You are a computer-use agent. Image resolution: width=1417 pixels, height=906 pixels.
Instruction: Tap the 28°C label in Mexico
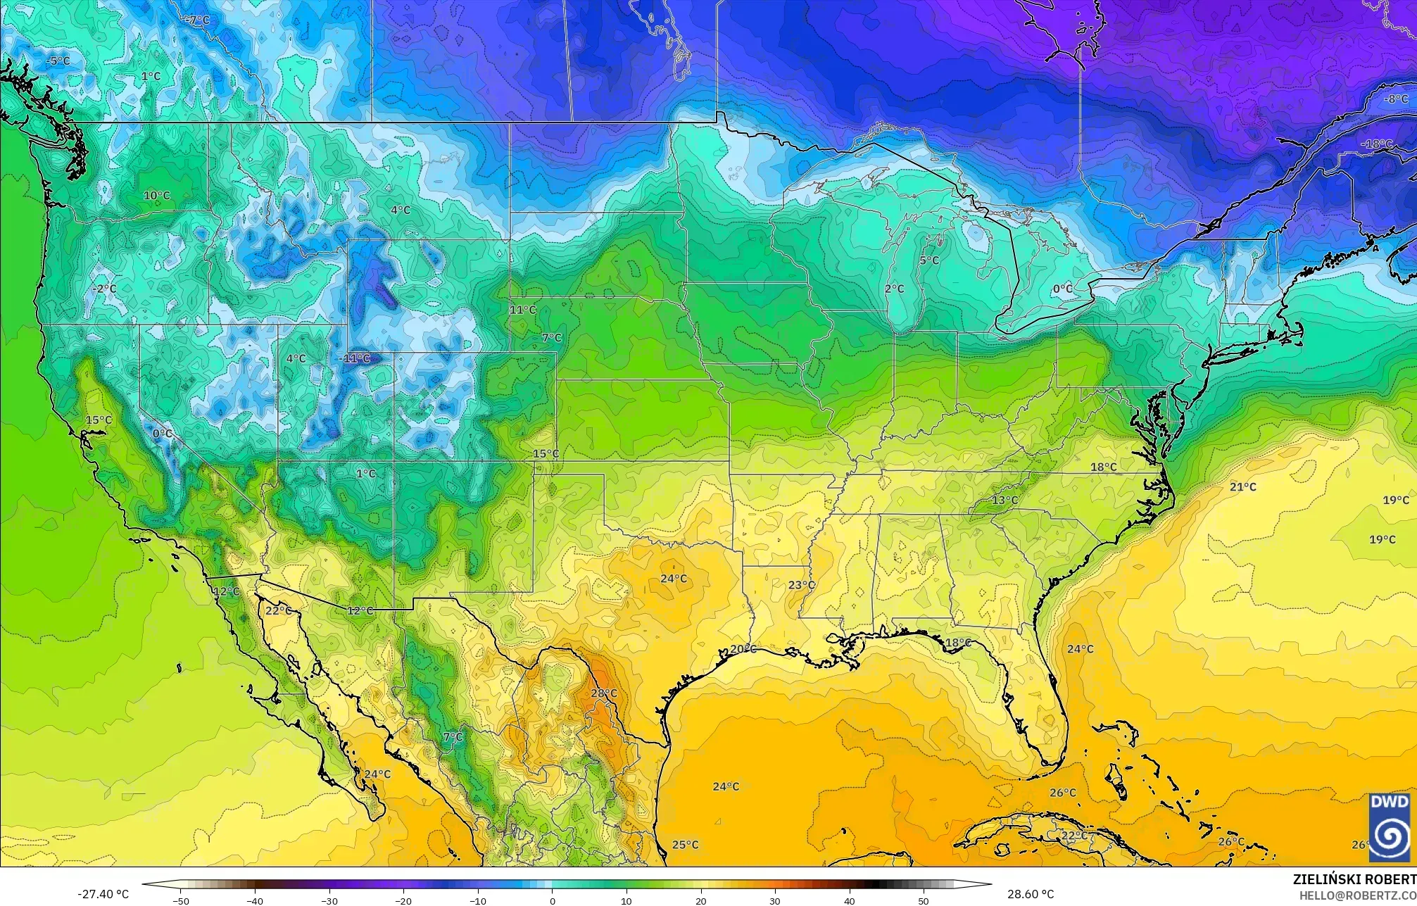coord(604,693)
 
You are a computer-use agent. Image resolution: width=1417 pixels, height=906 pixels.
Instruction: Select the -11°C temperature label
coord(355,358)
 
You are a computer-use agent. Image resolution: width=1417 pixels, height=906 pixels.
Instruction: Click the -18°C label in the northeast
coord(1377,144)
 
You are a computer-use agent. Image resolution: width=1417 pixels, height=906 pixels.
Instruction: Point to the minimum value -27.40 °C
coord(103,894)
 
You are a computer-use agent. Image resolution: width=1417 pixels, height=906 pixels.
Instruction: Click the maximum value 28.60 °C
coord(1030,894)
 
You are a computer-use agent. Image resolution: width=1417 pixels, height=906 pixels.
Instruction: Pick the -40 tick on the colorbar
coord(256,900)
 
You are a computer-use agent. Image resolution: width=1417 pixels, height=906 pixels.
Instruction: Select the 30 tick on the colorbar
coord(775,900)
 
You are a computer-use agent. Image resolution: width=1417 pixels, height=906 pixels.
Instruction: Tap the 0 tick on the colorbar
coord(553,900)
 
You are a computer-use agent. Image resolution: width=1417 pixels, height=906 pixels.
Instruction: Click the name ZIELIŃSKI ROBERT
coord(1354,879)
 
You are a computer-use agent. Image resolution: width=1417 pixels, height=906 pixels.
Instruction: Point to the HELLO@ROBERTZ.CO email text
coord(1358,895)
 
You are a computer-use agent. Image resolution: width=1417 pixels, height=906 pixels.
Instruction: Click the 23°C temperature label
coord(801,585)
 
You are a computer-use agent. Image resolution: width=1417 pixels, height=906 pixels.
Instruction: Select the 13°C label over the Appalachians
coord(1005,500)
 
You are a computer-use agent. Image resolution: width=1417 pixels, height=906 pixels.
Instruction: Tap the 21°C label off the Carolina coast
coord(1243,486)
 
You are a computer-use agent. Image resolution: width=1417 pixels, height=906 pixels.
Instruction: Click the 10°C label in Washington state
coord(156,195)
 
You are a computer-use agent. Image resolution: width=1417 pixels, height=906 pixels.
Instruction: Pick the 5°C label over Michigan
coord(929,260)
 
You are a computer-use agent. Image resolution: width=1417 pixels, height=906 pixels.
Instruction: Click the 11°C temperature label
coord(523,309)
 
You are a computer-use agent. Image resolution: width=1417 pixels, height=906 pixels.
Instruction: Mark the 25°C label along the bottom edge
coord(685,844)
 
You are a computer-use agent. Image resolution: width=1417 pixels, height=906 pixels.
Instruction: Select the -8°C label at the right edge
coord(1396,99)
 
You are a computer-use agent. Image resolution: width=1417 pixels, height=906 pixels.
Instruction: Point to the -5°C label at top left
coord(58,61)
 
